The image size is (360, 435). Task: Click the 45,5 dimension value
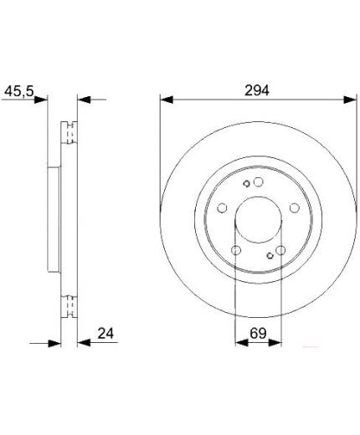click(x=19, y=91)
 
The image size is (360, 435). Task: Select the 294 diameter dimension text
click(x=257, y=90)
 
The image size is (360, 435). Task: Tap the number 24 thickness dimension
click(x=105, y=333)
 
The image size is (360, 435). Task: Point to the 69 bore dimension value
click(x=258, y=333)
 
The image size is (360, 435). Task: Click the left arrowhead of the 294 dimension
click(x=167, y=100)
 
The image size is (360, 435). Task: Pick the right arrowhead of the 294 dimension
click(x=350, y=100)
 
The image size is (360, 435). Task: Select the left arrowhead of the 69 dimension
click(x=242, y=343)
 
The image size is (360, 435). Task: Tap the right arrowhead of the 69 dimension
click(x=275, y=343)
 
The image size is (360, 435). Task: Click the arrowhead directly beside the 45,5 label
click(x=41, y=100)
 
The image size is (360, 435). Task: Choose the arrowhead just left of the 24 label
click(x=84, y=343)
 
